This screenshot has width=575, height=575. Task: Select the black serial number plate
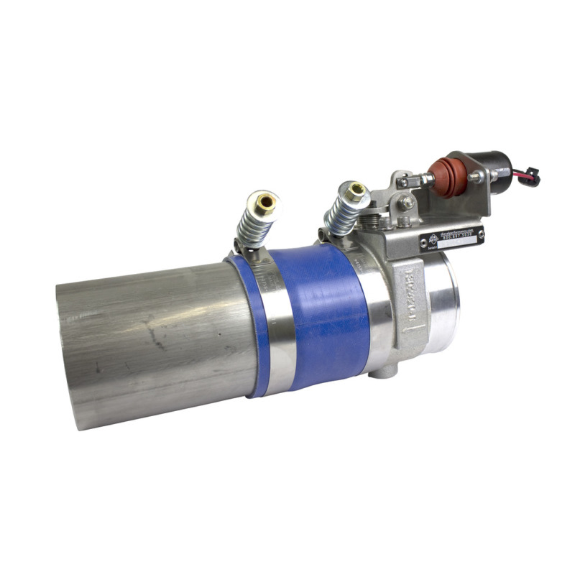451,237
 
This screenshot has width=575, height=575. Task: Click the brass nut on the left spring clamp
267,202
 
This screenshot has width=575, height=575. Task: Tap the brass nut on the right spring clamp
356,190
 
